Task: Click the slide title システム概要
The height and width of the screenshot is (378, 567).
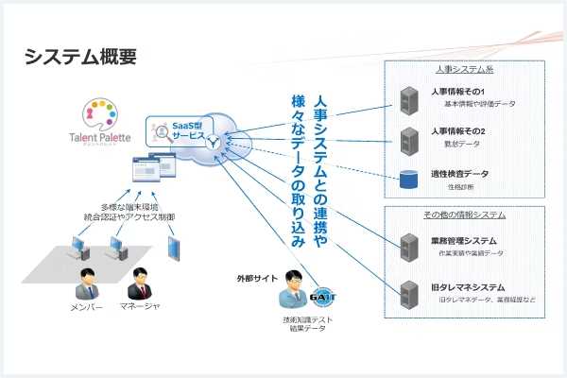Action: tap(81, 57)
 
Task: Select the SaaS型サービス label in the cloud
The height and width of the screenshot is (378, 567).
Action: tap(188, 130)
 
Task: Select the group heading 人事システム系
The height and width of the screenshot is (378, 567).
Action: tap(464, 70)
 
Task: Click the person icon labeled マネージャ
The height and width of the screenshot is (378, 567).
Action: tap(139, 283)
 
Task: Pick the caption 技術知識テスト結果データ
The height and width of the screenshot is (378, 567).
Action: tap(301, 327)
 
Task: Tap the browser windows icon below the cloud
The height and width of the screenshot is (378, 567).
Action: tap(153, 167)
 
